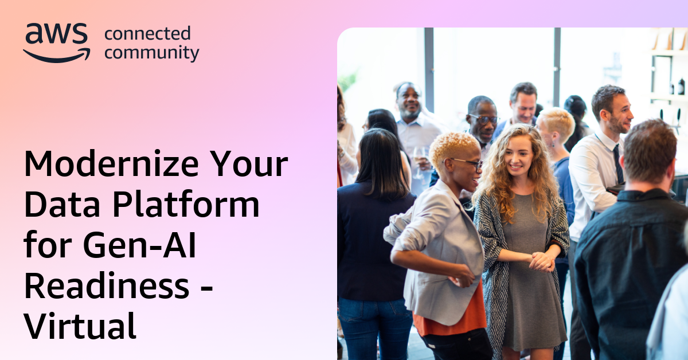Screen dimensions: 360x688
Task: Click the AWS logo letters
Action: (x=56, y=35)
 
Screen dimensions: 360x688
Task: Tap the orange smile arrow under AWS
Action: (x=57, y=56)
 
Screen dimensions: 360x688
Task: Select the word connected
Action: (x=147, y=34)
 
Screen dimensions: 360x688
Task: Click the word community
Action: (x=152, y=53)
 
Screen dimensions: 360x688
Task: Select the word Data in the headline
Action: (x=61, y=205)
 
